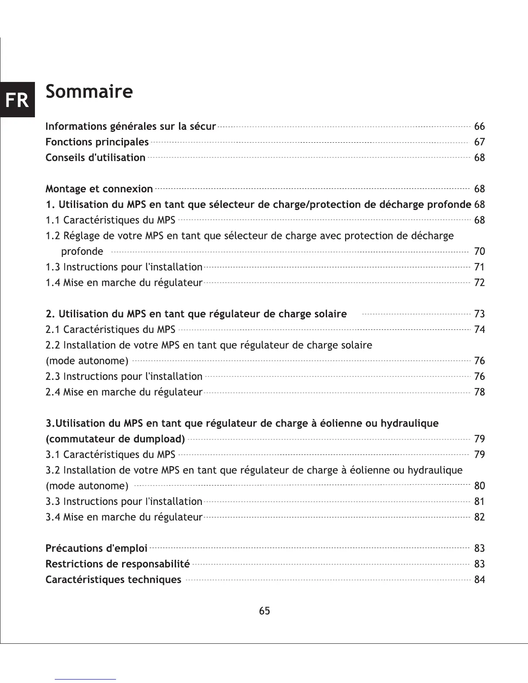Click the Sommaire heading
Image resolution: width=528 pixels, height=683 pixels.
tap(89, 92)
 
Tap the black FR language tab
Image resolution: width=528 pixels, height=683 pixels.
tap(17, 100)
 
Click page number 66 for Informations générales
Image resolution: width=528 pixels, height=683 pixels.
tap(479, 126)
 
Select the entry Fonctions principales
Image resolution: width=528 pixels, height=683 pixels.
tap(97, 142)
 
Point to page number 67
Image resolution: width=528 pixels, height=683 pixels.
tap(479, 142)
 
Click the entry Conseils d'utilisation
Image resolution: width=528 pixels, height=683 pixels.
tap(95, 157)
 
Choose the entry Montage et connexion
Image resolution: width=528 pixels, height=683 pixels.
tap(99, 189)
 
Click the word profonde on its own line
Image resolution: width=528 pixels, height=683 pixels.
tap(82, 251)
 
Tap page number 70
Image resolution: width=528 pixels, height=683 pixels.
tap(479, 251)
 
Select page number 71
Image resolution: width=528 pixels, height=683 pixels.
tap(479, 267)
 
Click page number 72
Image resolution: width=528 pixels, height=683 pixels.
tap(479, 282)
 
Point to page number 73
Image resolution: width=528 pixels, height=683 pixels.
tap(479, 314)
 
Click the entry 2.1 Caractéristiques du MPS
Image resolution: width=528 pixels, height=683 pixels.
tap(110, 329)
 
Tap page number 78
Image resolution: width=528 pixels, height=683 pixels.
tap(479, 392)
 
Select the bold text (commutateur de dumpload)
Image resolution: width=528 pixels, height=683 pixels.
tap(115, 439)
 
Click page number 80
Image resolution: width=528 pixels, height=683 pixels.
tap(479, 486)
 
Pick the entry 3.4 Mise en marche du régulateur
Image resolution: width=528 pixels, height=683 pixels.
tap(124, 517)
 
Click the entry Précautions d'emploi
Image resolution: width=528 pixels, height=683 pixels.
tap(97, 548)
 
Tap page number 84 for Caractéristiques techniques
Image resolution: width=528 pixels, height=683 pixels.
tap(479, 580)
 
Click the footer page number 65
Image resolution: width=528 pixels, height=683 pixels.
tap(264, 611)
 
